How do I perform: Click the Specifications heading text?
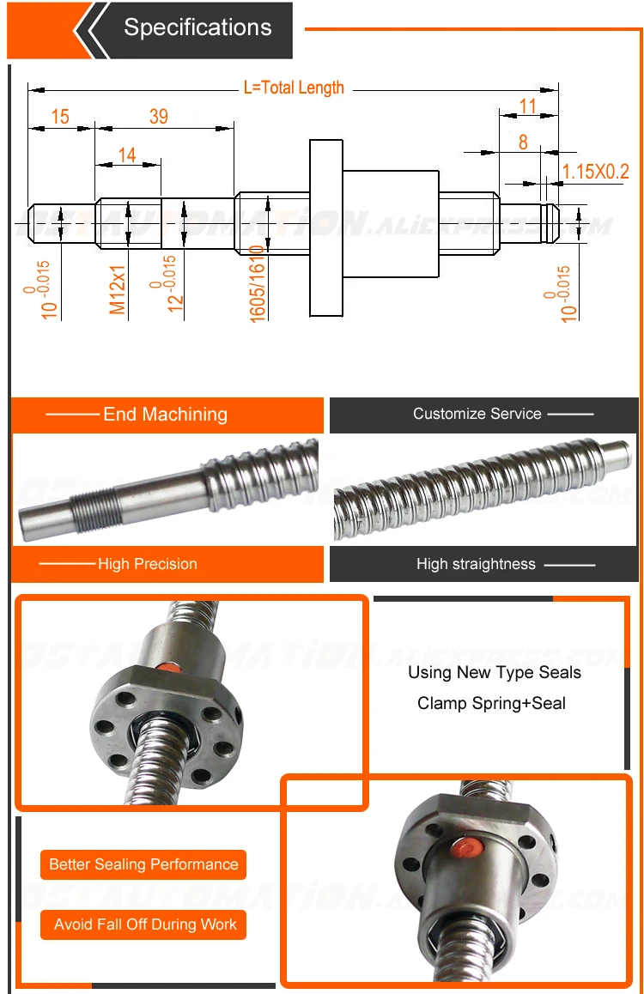click(x=197, y=27)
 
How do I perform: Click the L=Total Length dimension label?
click(x=294, y=88)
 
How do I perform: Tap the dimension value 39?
click(x=158, y=117)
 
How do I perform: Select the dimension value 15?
click(x=60, y=117)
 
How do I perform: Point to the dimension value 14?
click(x=127, y=155)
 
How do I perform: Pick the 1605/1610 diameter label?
click(x=257, y=283)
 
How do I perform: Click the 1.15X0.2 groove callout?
click(x=595, y=172)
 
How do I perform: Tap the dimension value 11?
click(x=528, y=106)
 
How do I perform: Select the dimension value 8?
click(x=523, y=142)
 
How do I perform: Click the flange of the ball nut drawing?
click(x=326, y=227)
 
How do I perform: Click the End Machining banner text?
click(x=165, y=415)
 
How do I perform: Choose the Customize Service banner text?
click(x=477, y=414)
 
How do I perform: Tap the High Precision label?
click(x=147, y=564)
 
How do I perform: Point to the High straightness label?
click(x=476, y=564)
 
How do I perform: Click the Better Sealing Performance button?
click(x=143, y=864)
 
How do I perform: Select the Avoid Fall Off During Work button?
click(x=144, y=924)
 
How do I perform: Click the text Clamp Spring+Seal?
click(x=491, y=703)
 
